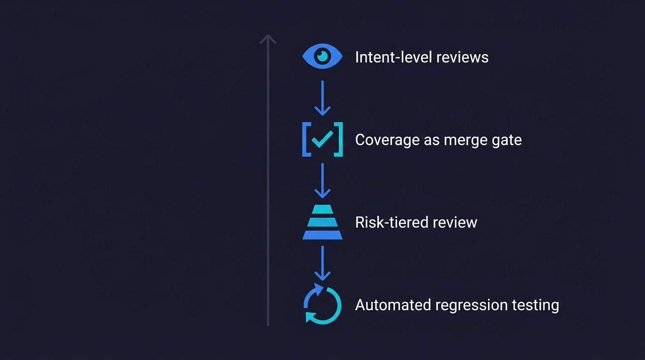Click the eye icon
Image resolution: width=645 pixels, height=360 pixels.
(x=322, y=57)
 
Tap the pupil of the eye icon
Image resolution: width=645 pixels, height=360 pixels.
(x=322, y=56)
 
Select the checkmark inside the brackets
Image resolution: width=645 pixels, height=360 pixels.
(x=322, y=139)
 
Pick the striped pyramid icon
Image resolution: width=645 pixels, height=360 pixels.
(x=322, y=222)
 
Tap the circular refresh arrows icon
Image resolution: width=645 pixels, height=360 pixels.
(x=322, y=304)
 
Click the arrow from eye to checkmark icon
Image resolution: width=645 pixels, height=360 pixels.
(x=322, y=97)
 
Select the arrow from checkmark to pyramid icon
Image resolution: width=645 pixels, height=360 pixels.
(x=322, y=180)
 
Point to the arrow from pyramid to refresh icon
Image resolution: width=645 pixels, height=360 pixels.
(x=322, y=263)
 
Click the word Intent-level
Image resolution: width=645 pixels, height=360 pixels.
(x=393, y=57)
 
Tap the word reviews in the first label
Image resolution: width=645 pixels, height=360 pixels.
(x=462, y=57)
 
